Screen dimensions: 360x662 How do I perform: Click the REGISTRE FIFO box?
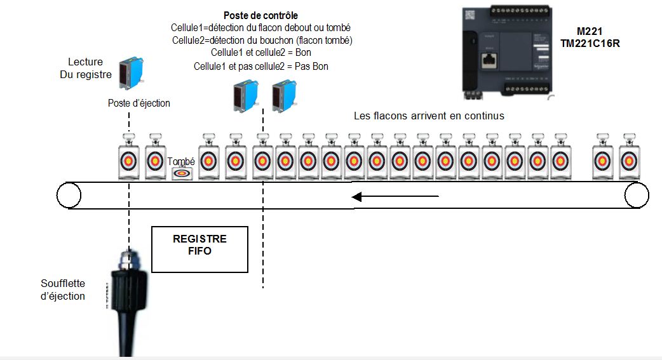point(199,249)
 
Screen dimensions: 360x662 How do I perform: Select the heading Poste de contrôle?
point(260,15)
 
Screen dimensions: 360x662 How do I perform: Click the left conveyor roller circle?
point(69,195)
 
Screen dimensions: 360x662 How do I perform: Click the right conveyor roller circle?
point(637,195)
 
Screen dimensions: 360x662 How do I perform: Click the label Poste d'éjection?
point(139,103)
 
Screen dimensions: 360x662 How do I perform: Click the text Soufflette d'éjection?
point(63,290)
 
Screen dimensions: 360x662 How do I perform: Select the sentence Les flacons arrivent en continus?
point(429,116)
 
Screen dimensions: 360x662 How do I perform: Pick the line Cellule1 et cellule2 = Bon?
point(261,53)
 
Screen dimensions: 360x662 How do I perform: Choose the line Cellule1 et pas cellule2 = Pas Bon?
point(261,66)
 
